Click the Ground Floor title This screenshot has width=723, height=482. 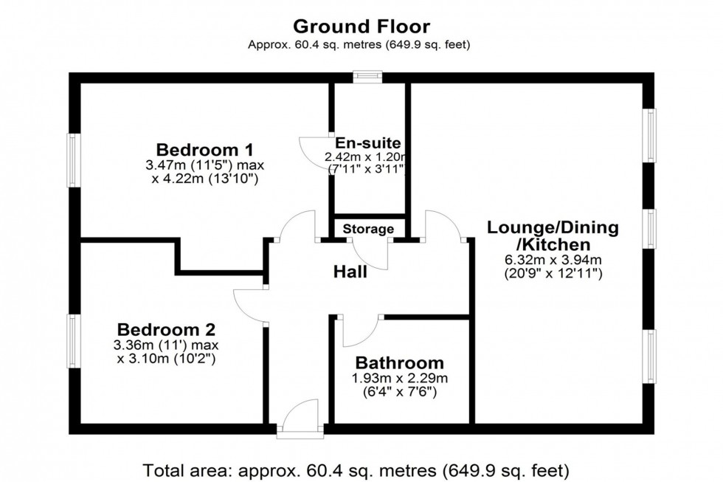tap(361, 27)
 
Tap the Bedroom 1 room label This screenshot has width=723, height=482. tap(204, 146)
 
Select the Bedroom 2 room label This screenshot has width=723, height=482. tap(167, 329)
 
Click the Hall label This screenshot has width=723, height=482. tap(350, 272)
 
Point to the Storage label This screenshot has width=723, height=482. tap(368, 229)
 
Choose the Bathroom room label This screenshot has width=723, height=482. tap(400, 362)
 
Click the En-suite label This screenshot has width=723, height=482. tap(367, 142)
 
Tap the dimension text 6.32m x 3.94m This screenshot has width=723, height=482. tap(553, 260)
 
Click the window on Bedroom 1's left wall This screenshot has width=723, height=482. tap(75, 160)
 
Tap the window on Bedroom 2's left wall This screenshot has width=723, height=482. tap(75, 340)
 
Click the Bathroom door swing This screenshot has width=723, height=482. tap(359, 330)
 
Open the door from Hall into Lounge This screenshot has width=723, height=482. tap(444, 226)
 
